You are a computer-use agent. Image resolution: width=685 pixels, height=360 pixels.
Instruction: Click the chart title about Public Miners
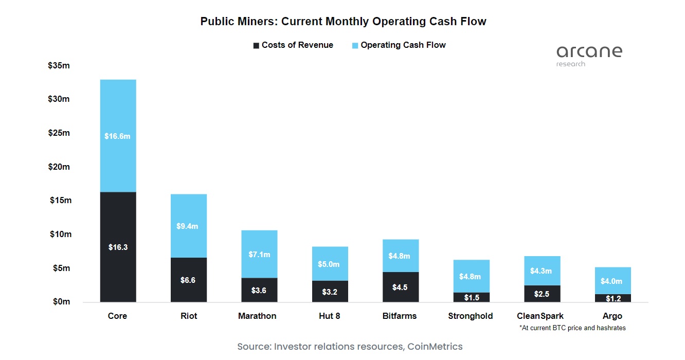[343, 22]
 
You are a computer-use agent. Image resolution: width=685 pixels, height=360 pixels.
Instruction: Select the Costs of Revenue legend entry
[293, 45]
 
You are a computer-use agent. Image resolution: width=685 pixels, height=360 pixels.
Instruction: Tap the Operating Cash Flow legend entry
[399, 45]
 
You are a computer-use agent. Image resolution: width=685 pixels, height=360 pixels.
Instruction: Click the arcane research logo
[589, 56]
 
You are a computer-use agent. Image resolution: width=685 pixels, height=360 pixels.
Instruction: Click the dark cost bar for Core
[118, 247]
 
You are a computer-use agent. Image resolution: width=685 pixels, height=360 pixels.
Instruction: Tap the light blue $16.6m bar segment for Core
[118, 136]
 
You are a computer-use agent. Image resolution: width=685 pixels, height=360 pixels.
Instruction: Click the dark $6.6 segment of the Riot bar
[188, 280]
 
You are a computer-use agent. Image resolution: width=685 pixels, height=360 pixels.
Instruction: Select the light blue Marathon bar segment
[259, 254]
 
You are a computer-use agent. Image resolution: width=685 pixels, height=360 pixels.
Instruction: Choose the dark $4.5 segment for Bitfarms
[400, 287]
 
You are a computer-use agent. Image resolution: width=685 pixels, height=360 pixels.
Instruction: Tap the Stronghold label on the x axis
[470, 316]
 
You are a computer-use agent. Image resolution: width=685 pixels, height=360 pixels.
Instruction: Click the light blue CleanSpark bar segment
[542, 271]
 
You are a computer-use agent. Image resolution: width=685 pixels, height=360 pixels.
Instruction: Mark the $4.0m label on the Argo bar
[612, 281]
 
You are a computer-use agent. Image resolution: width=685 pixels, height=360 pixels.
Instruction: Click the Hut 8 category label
[329, 316]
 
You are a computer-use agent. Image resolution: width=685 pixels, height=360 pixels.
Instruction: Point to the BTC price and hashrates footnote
[572, 328]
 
